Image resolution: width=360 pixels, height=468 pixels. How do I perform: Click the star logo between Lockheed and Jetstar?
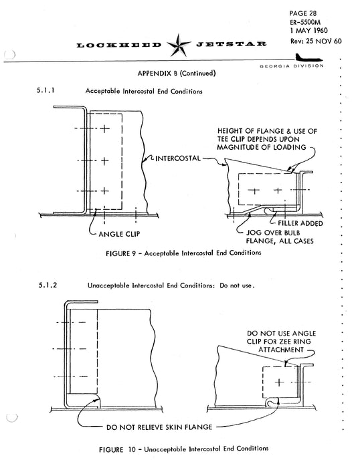click(x=179, y=45)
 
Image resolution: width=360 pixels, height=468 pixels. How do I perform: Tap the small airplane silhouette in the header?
click(x=309, y=57)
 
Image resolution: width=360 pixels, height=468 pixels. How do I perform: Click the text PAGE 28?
click(x=302, y=13)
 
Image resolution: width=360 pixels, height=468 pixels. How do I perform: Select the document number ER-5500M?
click(x=305, y=22)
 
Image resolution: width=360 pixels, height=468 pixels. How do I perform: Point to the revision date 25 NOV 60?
click(x=324, y=41)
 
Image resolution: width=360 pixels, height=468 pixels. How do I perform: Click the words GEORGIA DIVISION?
click(x=292, y=66)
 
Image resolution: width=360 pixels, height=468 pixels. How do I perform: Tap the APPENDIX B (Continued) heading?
click(x=177, y=74)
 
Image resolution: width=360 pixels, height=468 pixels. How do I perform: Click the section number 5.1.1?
click(x=46, y=90)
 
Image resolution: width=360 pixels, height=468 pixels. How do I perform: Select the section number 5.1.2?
click(x=48, y=285)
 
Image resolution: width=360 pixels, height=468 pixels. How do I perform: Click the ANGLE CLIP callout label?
click(x=119, y=234)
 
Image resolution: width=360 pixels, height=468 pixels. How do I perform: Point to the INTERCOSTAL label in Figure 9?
click(x=178, y=158)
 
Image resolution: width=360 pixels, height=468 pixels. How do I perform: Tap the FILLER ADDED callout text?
click(x=300, y=223)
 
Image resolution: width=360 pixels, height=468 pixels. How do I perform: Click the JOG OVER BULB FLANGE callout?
click(x=280, y=237)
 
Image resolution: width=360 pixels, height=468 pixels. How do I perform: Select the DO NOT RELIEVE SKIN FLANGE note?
click(x=159, y=427)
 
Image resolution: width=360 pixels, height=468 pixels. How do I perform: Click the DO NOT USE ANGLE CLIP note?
click(x=281, y=342)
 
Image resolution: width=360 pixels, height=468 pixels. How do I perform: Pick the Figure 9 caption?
click(x=183, y=253)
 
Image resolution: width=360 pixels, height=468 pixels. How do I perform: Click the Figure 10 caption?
click(x=184, y=449)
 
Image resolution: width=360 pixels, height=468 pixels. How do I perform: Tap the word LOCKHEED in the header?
click(x=119, y=45)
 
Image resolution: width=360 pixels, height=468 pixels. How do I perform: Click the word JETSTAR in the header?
click(x=231, y=44)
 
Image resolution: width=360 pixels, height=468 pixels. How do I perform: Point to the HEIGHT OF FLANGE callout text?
click(x=267, y=139)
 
